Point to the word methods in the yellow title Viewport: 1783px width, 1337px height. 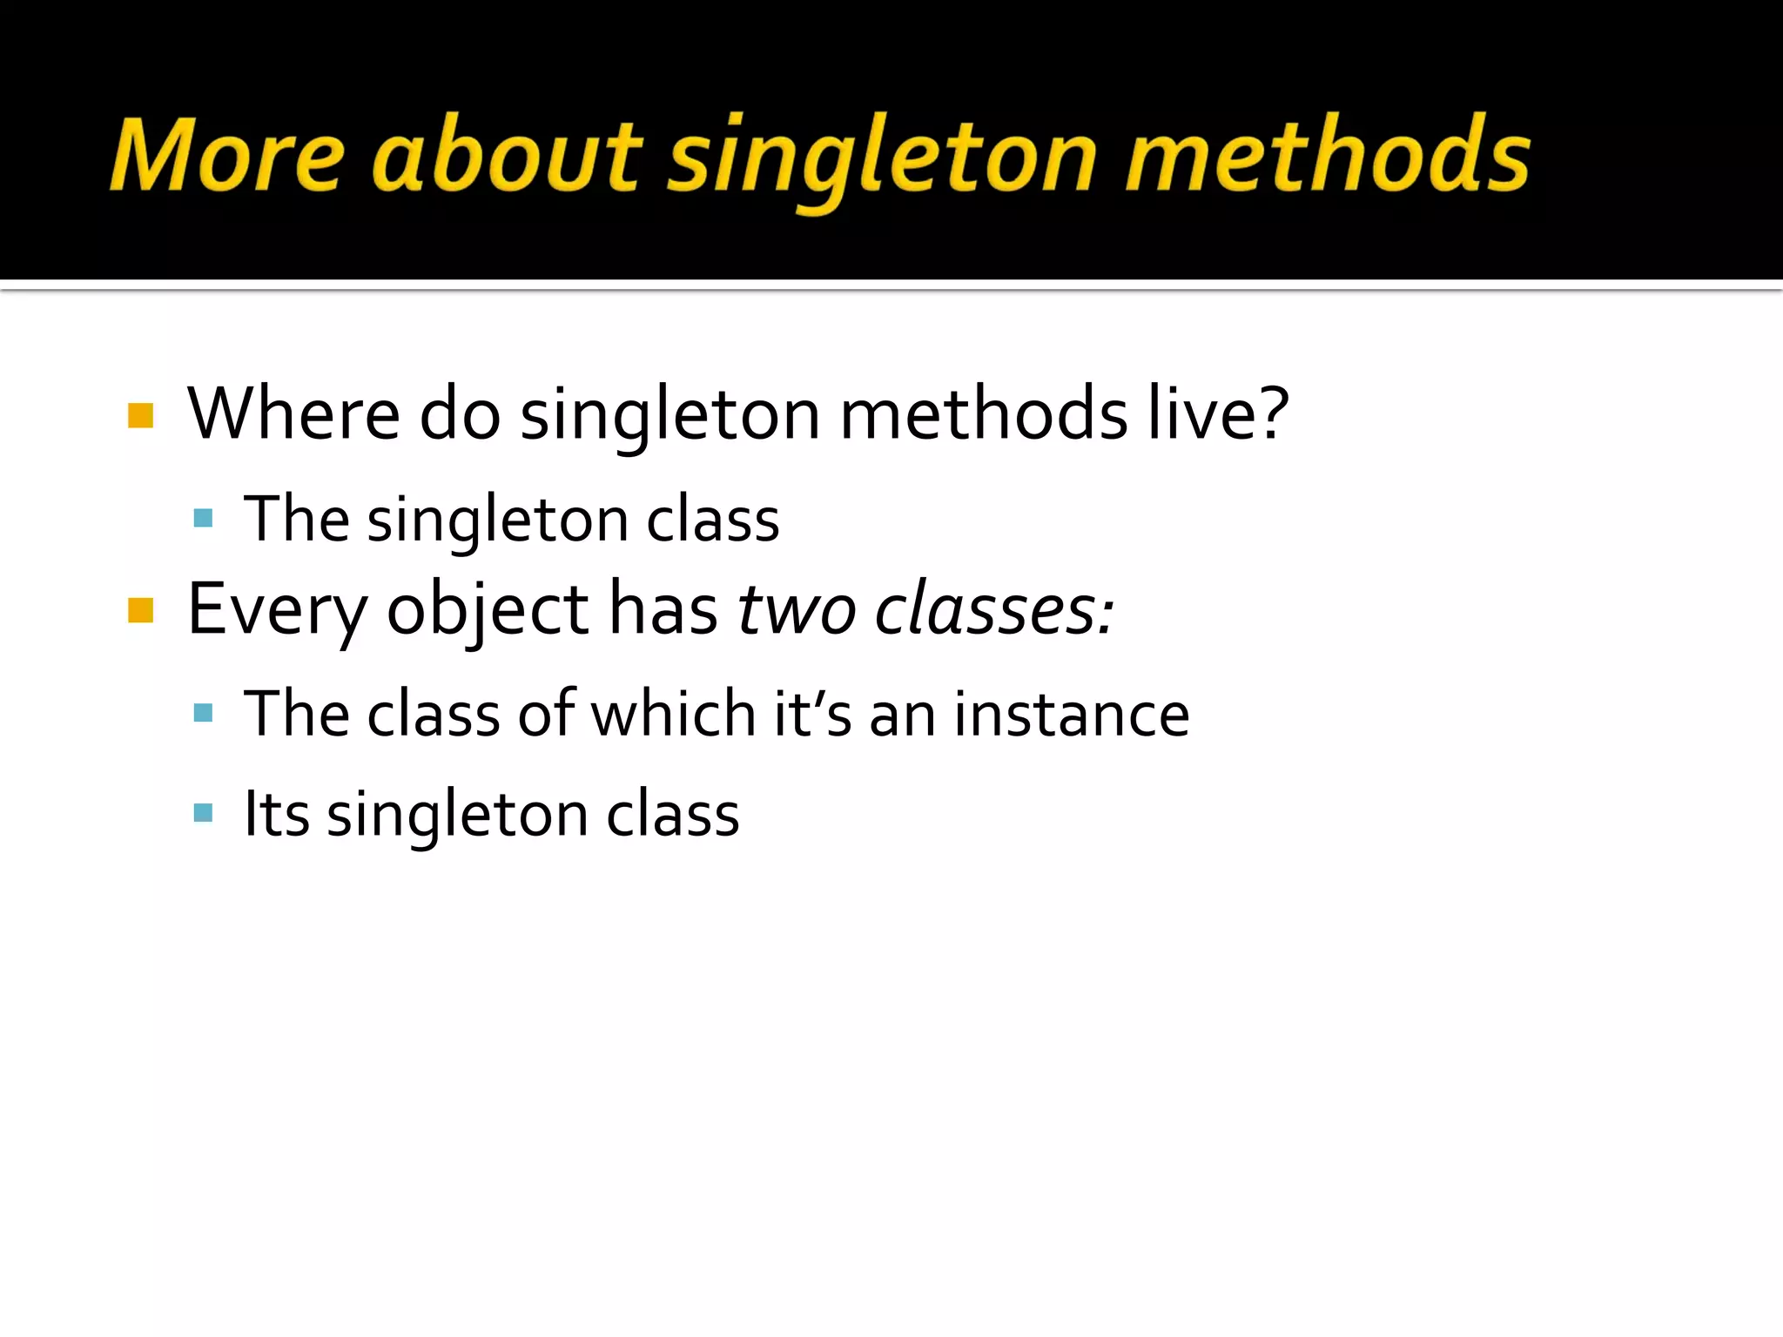coord(1327,155)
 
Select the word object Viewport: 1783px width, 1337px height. coord(488,610)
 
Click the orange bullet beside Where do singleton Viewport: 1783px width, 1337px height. coord(140,415)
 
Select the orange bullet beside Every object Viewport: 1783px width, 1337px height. coord(140,611)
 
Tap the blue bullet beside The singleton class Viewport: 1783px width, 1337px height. coord(204,520)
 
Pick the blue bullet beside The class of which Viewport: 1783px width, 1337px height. coord(204,715)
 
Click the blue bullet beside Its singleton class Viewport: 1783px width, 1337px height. coord(204,814)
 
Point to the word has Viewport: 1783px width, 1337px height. coord(663,610)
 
